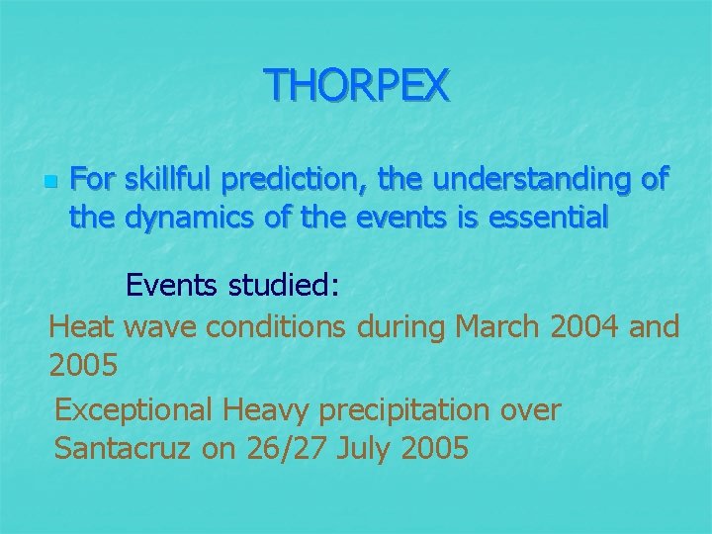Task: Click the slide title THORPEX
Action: pos(356,85)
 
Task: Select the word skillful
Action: pos(169,180)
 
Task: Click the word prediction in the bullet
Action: pos(295,180)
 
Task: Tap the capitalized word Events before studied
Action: pos(174,286)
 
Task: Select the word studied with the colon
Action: pos(286,286)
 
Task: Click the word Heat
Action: pos(82,325)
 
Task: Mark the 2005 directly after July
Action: pos(435,449)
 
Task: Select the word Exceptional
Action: pos(134,409)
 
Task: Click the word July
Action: pos(364,449)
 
